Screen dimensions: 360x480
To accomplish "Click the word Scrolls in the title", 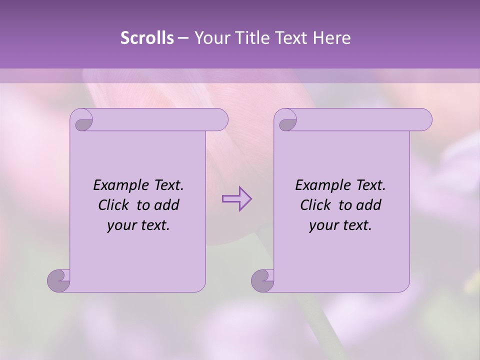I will coord(147,37).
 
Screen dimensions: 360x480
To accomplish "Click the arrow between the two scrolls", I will coord(236,199).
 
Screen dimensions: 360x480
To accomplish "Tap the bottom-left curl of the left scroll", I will coord(59,280).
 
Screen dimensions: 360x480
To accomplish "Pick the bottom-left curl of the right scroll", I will coord(263,280).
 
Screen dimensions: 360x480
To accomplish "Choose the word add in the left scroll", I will coord(166,205).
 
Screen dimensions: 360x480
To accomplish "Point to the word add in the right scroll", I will coord(368,205).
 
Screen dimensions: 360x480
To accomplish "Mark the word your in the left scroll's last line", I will coord(121,226).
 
